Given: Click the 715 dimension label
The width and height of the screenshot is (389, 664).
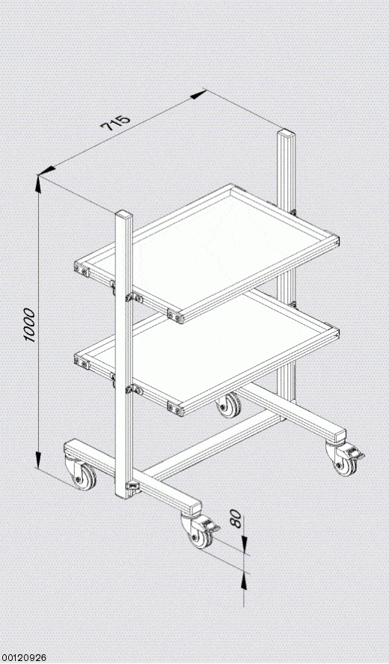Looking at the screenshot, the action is [x=115, y=122].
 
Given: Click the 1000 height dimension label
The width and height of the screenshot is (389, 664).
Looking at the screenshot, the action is [x=29, y=324].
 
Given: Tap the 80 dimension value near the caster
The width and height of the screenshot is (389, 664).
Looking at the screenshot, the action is [x=236, y=519].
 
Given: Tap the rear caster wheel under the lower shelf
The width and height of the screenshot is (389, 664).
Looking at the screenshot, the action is [x=229, y=405].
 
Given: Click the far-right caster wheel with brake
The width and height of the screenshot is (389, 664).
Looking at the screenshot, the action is [x=343, y=462].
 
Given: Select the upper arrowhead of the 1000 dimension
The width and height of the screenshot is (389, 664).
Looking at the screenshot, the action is [x=38, y=183].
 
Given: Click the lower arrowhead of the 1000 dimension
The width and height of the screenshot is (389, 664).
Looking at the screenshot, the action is [x=38, y=460].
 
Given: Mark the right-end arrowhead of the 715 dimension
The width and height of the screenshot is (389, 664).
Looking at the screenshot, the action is [x=198, y=94].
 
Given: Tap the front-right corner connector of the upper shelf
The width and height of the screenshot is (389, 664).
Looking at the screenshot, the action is [x=176, y=316].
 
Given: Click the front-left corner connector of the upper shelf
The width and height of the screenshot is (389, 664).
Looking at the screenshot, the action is [x=82, y=269].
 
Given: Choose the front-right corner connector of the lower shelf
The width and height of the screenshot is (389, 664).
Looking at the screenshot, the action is [x=176, y=408].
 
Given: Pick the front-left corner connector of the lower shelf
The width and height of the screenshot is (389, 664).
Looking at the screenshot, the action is [x=82, y=362].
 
